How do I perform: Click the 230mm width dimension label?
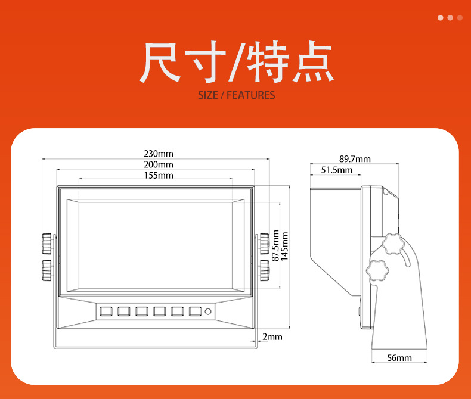pyautogui.click(x=158, y=154)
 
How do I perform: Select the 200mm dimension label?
pyautogui.click(x=158, y=164)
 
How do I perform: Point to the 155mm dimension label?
pyautogui.click(x=158, y=175)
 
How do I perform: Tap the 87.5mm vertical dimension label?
pyautogui.click(x=275, y=246)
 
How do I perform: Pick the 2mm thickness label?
pyautogui.click(x=272, y=337)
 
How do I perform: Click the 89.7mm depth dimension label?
pyautogui.click(x=355, y=159)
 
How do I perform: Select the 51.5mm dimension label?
pyautogui.click(x=337, y=170)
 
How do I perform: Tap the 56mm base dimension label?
pyautogui.click(x=399, y=358)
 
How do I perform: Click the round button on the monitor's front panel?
pyautogui.click(x=208, y=311)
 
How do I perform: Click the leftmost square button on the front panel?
pyautogui.click(x=107, y=311)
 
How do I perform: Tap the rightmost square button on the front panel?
pyautogui.click(x=195, y=311)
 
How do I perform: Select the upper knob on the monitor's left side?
pyautogui.click(x=47, y=243)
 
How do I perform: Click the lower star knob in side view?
pyautogui.click(x=378, y=270)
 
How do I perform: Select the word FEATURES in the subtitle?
pyautogui.click(x=251, y=95)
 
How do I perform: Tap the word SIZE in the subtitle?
pyautogui.click(x=208, y=95)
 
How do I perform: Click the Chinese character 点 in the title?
pyautogui.click(x=312, y=62)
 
